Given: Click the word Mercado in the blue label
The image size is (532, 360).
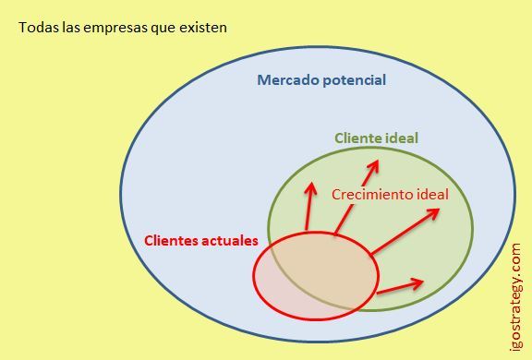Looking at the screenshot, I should [x=287, y=80].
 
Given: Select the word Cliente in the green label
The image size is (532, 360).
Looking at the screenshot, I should [x=358, y=138].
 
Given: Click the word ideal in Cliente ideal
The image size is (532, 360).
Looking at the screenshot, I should [x=402, y=138].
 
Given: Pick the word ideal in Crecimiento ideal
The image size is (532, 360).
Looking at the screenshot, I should [x=431, y=195].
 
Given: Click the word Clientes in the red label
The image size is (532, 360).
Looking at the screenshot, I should [x=173, y=241].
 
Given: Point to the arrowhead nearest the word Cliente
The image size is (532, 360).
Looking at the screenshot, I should [x=377, y=162].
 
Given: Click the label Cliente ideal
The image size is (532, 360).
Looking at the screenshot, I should [x=376, y=138].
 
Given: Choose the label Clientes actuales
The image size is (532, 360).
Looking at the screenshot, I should [x=201, y=241].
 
